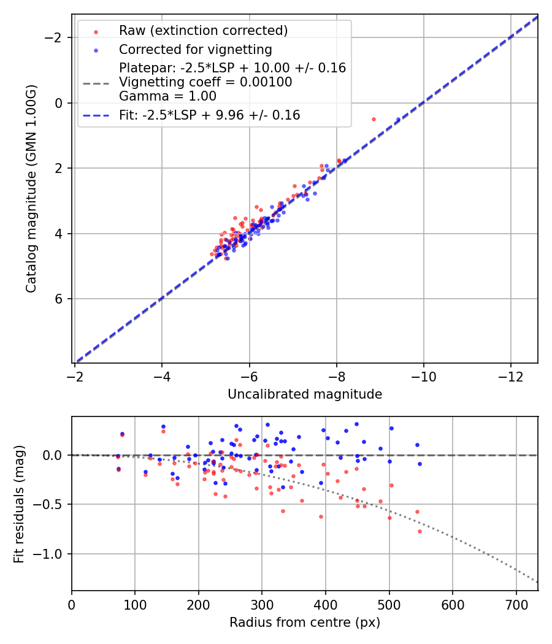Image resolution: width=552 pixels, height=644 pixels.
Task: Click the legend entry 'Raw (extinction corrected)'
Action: (x=203, y=31)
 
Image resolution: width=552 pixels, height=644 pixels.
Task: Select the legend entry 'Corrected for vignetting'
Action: (x=196, y=49)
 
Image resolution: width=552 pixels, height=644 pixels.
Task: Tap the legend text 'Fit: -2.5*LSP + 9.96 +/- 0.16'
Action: (x=210, y=115)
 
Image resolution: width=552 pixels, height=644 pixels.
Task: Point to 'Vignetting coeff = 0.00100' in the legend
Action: (x=205, y=82)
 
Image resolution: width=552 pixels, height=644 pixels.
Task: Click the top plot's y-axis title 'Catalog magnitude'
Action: (x=31, y=188)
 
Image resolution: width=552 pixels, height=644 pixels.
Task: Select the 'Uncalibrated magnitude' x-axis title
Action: (x=305, y=394)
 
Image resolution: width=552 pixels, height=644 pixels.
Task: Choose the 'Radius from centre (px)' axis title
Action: (x=305, y=623)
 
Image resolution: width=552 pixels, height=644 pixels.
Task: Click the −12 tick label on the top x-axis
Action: (x=511, y=375)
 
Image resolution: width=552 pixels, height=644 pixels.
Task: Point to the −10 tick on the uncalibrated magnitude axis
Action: (x=424, y=375)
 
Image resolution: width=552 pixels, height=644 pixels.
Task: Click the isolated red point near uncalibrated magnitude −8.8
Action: (x=374, y=119)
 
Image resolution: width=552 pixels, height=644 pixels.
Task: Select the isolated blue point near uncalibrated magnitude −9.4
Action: (x=398, y=119)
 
